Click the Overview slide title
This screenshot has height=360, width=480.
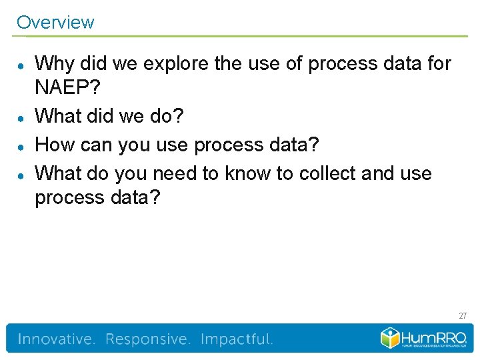pos(55,22)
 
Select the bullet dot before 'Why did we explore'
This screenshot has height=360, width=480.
pos(21,65)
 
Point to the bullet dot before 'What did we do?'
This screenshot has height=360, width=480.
pos(21,116)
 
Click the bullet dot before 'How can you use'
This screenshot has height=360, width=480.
pos(21,145)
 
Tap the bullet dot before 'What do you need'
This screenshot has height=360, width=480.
pos(21,174)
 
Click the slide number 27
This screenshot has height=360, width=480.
pos(463,315)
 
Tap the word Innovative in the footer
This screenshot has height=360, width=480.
pos(56,339)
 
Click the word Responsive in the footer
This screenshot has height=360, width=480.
pos(147,339)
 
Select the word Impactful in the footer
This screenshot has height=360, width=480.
pos(237,339)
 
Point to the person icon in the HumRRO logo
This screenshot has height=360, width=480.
pos(390,337)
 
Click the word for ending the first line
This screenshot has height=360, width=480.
pos(437,64)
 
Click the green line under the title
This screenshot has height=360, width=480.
pos(241,36)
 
